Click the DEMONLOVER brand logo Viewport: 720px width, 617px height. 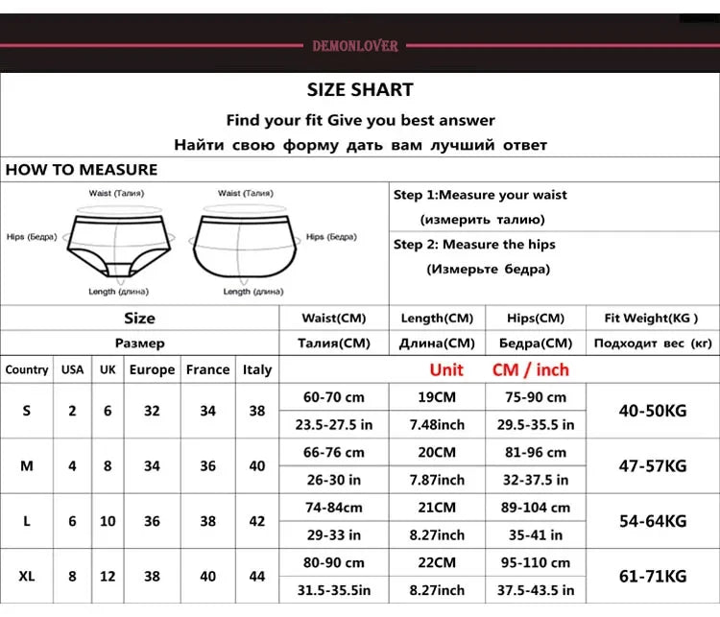(355, 45)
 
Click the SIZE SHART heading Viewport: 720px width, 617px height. (360, 90)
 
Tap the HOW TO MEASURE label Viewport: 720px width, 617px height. (82, 170)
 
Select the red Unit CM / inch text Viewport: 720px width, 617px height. (499, 369)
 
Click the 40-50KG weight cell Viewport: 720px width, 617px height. (653, 411)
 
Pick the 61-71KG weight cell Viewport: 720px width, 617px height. (653, 576)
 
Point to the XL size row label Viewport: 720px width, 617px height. (27, 576)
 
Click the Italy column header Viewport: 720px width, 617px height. (257, 369)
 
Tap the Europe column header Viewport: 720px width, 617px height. (152, 369)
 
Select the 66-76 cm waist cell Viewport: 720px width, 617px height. (334, 452)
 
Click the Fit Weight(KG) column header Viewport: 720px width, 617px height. (651, 319)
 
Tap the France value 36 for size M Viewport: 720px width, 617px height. (208, 466)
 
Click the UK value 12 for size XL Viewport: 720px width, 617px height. (108, 576)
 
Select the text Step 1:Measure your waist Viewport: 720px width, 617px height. (480, 195)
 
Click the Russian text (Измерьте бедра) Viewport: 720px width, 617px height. (488, 269)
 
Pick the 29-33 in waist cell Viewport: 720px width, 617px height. (334, 534)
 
